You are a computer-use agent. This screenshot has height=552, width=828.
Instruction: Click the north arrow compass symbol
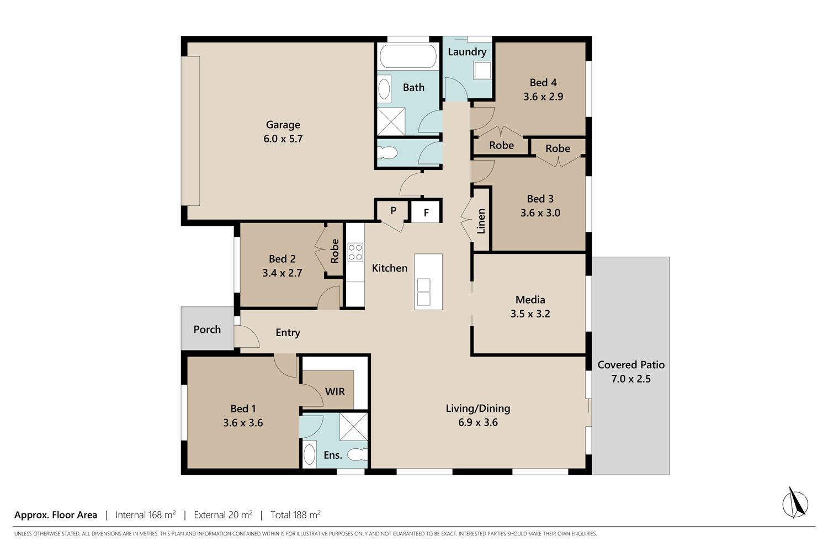(795, 503)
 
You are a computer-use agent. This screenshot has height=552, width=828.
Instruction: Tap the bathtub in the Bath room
(408, 56)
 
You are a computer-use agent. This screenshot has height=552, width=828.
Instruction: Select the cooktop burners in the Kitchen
(355, 252)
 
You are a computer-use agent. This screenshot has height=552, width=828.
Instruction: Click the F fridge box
(426, 212)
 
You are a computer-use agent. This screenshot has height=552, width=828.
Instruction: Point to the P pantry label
(393, 210)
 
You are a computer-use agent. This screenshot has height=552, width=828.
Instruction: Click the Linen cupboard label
(481, 221)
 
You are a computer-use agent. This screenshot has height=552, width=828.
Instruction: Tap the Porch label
(207, 329)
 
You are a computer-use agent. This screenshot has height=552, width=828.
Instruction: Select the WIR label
(335, 391)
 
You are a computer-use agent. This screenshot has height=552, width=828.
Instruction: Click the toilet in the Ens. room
(358, 455)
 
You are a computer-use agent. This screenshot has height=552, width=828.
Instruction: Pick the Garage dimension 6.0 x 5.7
(283, 139)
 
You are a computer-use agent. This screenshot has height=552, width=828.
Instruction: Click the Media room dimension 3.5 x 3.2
(530, 314)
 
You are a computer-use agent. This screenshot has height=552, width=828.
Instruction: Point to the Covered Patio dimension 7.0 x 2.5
(630, 379)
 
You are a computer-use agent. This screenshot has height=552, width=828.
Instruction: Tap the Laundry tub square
(482, 70)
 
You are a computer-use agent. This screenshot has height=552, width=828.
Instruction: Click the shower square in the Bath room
(391, 121)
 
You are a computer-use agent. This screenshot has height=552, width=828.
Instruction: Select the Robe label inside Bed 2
(335, 251)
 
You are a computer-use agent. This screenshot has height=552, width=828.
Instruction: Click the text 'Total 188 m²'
(295, 514)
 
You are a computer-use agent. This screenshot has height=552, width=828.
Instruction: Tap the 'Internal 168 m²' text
(145, 514)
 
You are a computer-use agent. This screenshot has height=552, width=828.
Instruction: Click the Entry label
(288, 333)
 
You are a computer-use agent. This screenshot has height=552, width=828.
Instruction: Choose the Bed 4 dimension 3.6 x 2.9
(543, 97)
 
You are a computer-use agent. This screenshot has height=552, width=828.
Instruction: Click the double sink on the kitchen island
(423, 292)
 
